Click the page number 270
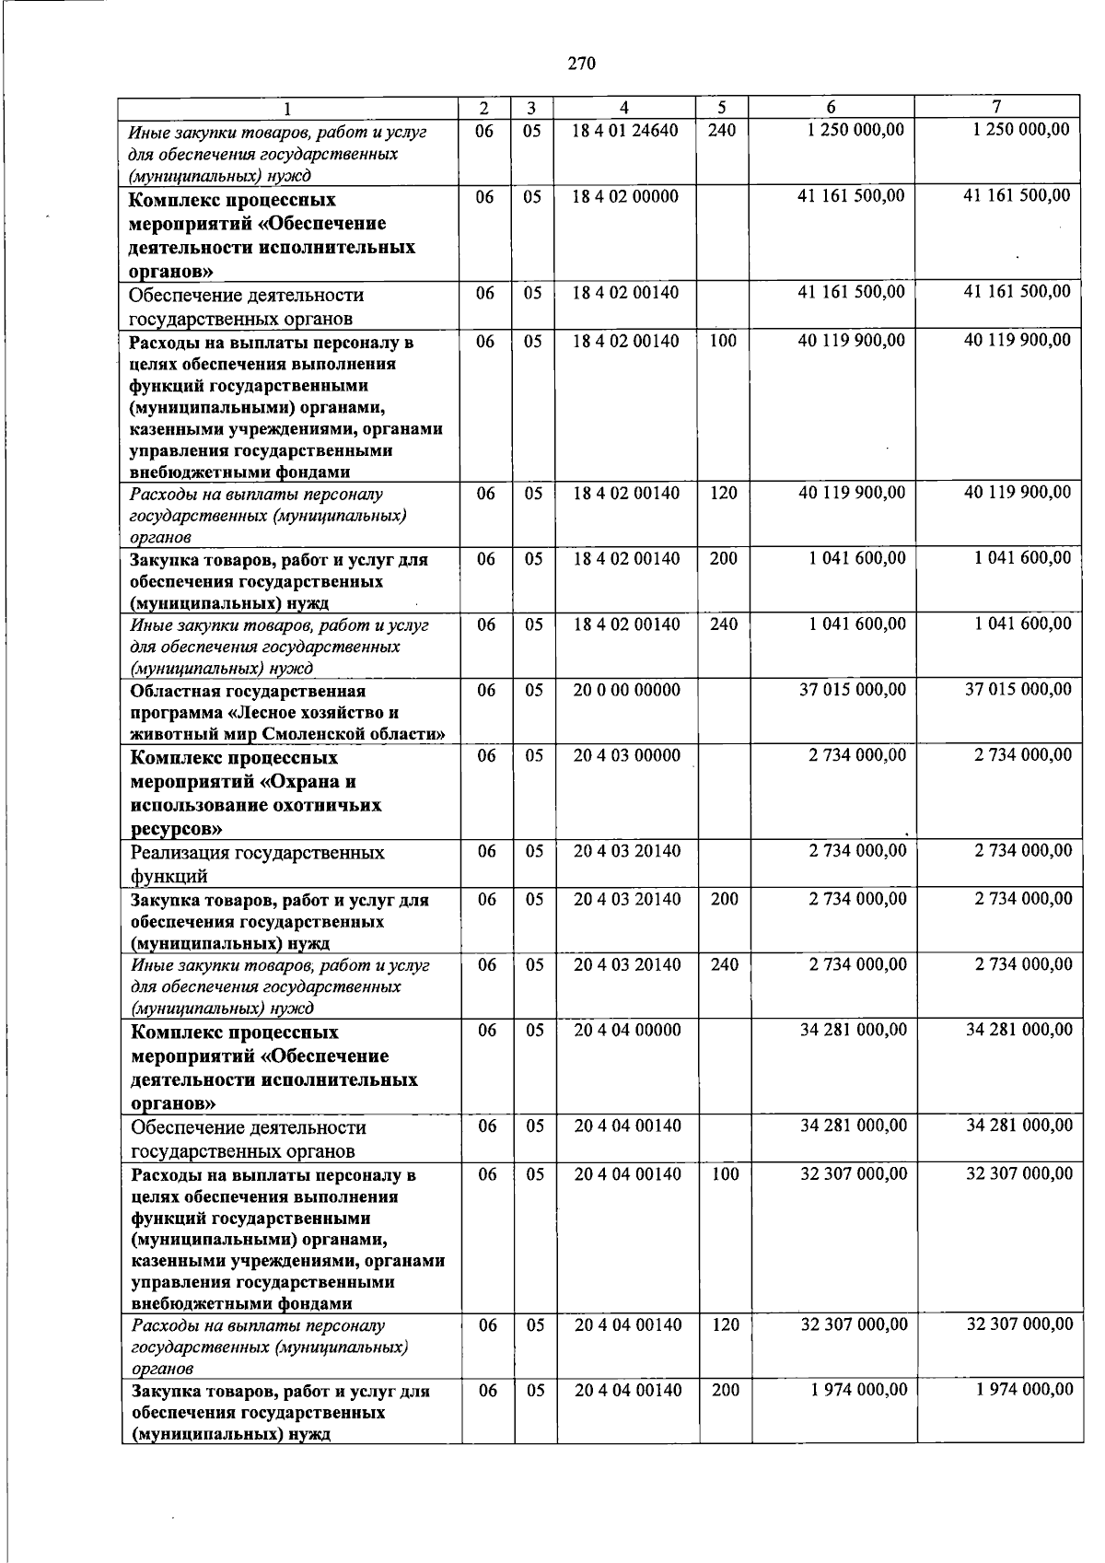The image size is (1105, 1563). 581,64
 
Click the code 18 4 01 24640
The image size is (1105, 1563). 624,131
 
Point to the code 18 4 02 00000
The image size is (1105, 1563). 625,196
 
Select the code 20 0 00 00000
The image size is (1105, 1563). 627,690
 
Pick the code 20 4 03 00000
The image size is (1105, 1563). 627,755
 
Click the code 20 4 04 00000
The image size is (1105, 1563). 628,1030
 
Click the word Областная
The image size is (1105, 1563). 172,691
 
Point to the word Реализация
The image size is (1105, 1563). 180,852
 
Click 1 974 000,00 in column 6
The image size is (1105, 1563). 858,1389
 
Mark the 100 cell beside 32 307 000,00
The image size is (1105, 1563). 725,1173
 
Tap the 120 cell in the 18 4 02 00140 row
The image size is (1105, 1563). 723,493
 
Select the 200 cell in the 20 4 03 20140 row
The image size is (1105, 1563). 724,899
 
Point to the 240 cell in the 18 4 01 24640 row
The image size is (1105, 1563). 722,131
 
